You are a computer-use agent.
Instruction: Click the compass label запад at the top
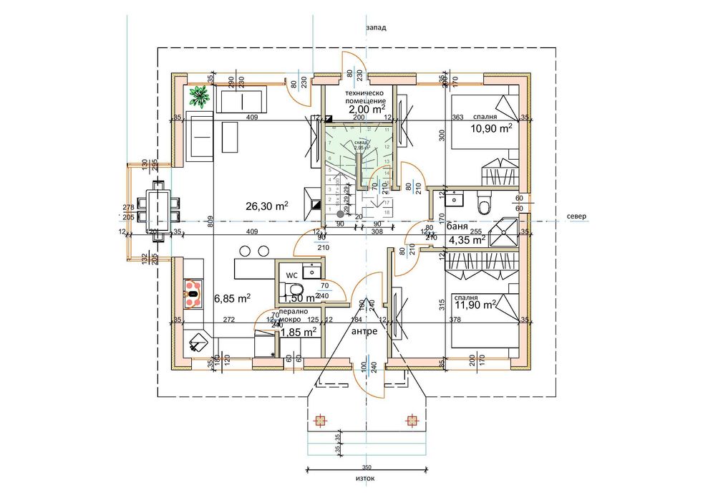(376, 28)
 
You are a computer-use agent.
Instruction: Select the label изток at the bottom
(364, 478)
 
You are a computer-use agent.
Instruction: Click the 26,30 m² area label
(266, 206)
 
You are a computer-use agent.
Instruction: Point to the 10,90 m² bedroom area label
(491, 129)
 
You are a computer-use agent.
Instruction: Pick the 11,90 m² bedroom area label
(475, 305)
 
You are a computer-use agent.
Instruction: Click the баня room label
(457, 226)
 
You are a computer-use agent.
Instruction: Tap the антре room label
(365, 332)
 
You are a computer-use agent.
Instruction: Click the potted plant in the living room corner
(199, 94)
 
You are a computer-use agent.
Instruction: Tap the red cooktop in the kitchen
(192, 290)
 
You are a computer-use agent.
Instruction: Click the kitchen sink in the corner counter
(197, 344)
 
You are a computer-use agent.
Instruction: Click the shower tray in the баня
(512, 226)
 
